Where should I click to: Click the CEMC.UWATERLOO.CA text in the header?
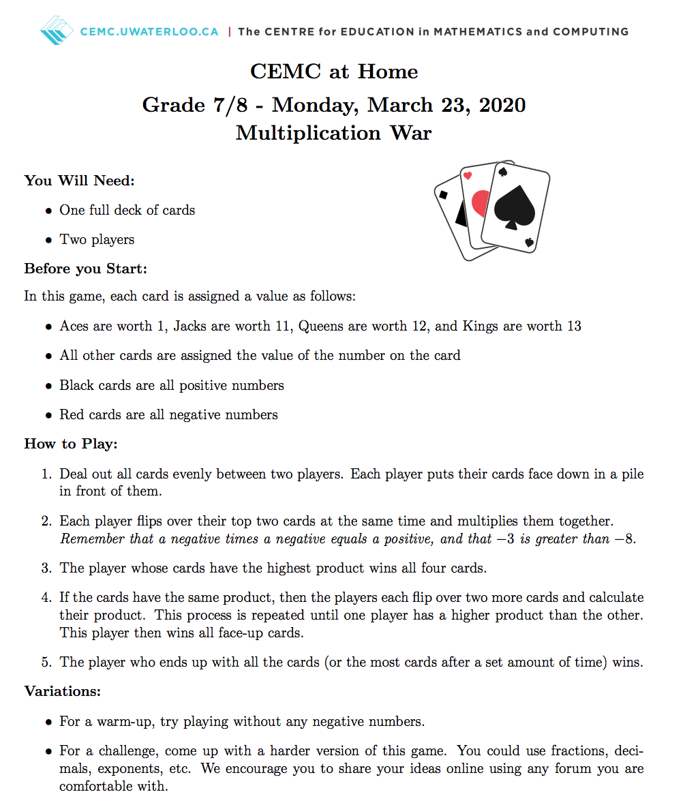pyautogui.click(x=150, y=31)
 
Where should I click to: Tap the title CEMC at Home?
pyautogui.click(x=334, y=72)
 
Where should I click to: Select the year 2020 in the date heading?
pyautogui.click(x=502, y=105)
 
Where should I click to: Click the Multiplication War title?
pyautogui.click(x=334, y=132)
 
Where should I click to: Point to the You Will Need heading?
pyautogui.click(x=80, y=181)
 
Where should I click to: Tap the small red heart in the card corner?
pyautogui.click(x=467, y=176)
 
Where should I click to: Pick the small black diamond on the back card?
pyautogui.click(x=444, y=195)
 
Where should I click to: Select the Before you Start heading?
pyautogui.click(x=86, y=269)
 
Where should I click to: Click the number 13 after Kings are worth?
pyautogui.click(x=573, y=326)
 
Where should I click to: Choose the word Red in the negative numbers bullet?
pyautogui.click(x=72, y=414)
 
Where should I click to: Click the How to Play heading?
pyautogui.click(x=72, y=444)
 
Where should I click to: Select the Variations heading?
pyautogui.click(x=63, y=691)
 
